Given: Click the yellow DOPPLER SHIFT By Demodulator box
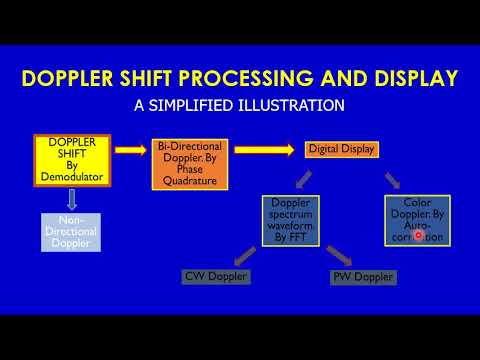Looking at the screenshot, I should [x=72, y=160].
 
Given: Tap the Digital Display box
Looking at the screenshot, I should [x=341, y=149].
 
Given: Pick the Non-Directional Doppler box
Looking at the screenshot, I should [x=71, y=230].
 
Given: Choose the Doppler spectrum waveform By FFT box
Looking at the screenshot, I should [x=291, y=221].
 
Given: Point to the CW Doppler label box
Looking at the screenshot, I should [x=215, y=275].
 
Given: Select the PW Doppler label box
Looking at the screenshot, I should [x=361, y=276].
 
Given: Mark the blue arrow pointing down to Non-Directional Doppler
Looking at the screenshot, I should [x=71, y=199].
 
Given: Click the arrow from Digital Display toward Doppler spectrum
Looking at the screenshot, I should [x=304, y=176].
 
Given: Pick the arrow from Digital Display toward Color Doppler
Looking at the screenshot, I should [x=391, y=179].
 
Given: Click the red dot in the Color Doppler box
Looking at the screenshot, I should [x=418, y=235].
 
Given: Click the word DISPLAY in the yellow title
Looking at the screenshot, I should [x=416, y=78].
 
